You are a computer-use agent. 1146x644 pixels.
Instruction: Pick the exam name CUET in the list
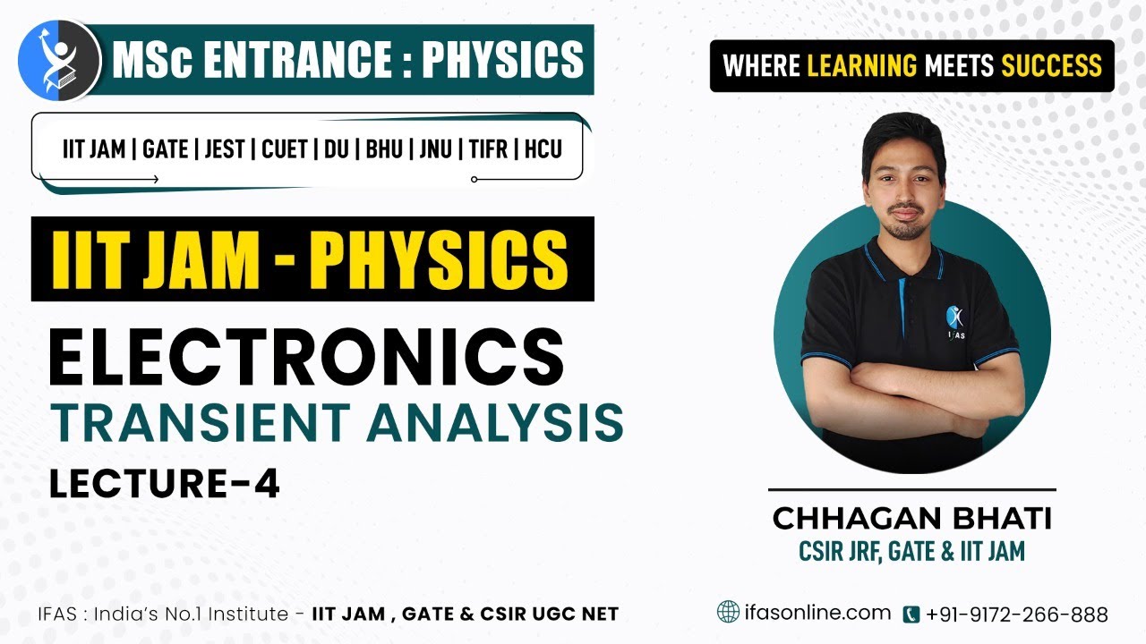point(285,149)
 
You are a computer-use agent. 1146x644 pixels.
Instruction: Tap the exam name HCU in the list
point(543,149)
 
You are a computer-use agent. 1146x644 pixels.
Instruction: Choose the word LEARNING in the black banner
point(861,66)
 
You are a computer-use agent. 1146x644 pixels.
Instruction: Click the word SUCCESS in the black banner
point(1051,66)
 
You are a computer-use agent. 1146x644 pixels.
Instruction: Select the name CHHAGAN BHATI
point(912,518)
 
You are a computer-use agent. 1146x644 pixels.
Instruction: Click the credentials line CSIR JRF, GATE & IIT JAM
point(912,551)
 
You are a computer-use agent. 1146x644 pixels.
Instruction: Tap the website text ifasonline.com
point(817,613)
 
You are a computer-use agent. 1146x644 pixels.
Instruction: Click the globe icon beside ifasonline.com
point(729,612)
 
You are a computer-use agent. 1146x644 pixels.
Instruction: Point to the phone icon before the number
point(911,614)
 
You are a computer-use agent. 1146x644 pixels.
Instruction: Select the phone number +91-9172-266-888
point(1017,614)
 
